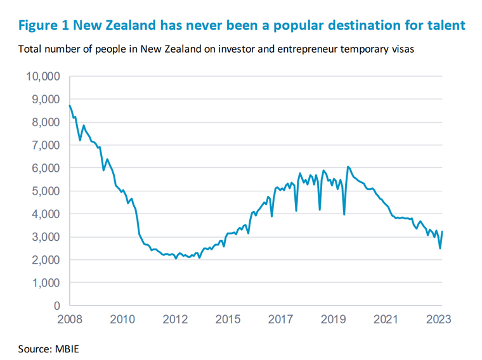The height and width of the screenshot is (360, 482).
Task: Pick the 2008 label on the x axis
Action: pyautogui.click(x=70, y=319)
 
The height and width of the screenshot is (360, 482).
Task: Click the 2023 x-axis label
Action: pyautogui.click(x=438, y=319)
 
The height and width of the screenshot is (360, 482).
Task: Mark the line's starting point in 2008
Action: pyautogui.click(x=69, y=105)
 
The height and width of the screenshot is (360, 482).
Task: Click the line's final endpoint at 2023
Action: pyautogui.click(x=441, y=232)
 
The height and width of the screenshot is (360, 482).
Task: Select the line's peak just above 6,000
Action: pyautogui.click(x=348, y=167)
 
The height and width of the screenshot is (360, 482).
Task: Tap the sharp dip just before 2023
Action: pyautogui.click(x=440, y=248)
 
